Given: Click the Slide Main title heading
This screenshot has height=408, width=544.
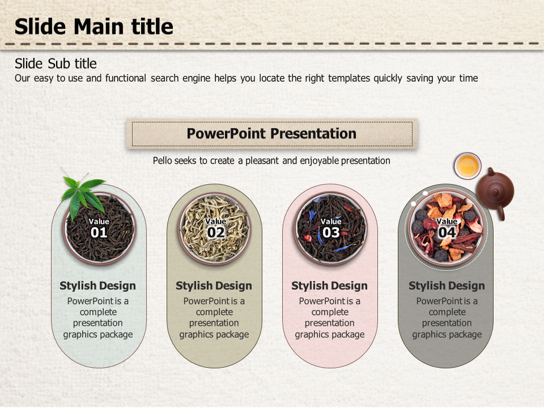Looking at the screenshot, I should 93,27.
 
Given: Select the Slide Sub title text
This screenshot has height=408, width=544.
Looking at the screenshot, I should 56,63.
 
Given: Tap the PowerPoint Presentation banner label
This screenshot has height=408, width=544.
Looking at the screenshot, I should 271,134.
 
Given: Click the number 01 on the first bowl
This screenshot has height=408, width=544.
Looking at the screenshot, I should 99,232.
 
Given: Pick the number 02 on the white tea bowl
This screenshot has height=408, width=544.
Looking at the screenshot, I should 215,232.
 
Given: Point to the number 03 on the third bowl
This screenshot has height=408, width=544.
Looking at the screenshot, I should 331,232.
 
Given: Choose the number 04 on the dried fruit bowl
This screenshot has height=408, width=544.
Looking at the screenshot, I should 447,232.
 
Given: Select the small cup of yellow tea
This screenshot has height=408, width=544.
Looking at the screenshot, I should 467,165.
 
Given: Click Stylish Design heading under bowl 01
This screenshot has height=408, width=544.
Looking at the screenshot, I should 98,286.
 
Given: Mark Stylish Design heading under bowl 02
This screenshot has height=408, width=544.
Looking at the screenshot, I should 214,286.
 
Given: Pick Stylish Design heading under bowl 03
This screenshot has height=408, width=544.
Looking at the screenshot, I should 329,286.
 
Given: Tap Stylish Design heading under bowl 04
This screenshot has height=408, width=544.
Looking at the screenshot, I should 447,286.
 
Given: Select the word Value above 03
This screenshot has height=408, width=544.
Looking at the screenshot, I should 331,222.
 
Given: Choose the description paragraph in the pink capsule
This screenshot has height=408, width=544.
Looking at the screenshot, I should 329,318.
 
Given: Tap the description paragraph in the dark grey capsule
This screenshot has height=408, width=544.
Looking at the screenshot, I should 447,318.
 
